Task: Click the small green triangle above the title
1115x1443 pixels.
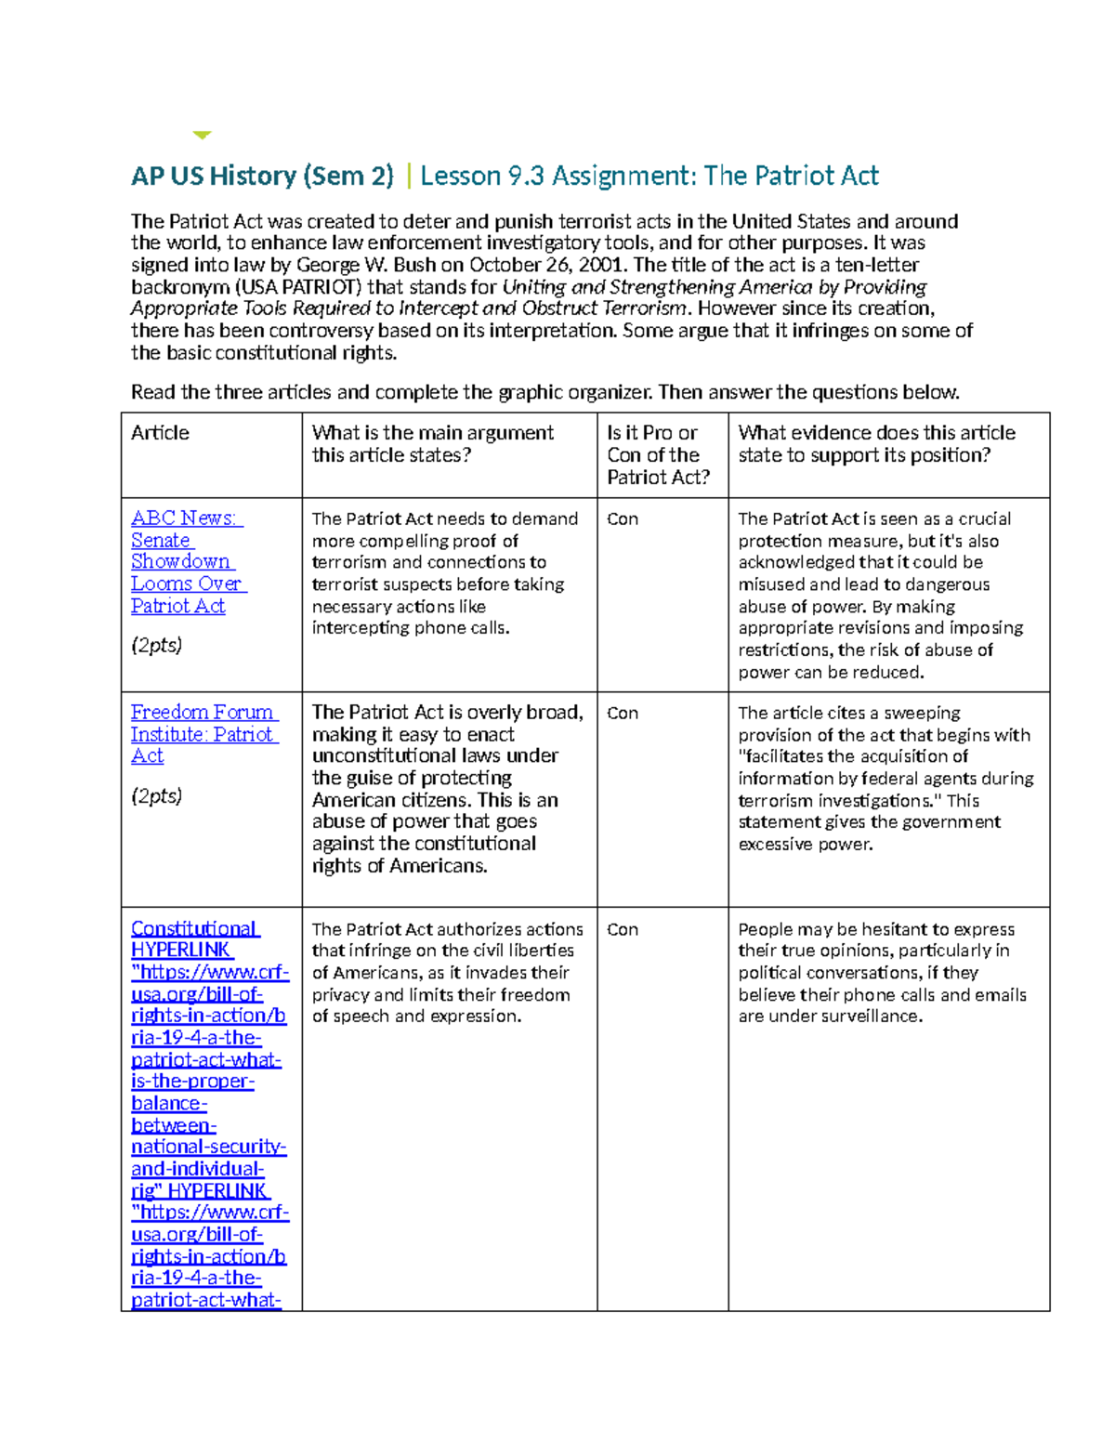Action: click(x=202, y=136)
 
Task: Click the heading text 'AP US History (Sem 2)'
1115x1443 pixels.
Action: click(x=262, y=176)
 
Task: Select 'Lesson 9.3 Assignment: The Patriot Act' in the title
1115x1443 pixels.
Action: click(x=649, y=176)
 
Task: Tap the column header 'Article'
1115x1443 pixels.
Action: click(x=160, y=433)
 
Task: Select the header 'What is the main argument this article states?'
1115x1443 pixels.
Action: click(x=432, y=444)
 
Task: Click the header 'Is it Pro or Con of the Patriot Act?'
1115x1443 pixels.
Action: click(x=658, y=455)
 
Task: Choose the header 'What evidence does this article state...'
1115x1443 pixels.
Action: click(x=876, y=444)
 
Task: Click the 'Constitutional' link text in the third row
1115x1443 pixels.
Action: click(x=194, y=928)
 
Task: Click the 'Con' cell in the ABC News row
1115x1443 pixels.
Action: click(x=623, y=519)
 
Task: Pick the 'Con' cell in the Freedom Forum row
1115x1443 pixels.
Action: click(x=623, y=714)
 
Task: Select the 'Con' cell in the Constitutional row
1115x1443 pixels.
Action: click(x=623, y=930)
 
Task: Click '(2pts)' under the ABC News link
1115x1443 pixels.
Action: click(x=156, y=645)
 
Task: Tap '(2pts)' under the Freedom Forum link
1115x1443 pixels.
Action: click(x=156, y=796)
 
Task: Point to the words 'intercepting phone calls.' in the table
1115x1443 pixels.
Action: click(x=411, y=628)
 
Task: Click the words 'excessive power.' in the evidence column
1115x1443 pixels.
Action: click(x=805, y=845)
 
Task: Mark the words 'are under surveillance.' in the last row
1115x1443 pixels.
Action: click(x=830, y=1017)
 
